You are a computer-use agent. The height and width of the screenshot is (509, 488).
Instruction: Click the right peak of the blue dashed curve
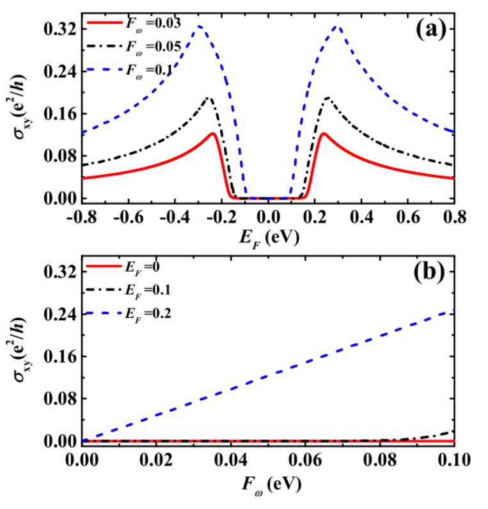point(337,27)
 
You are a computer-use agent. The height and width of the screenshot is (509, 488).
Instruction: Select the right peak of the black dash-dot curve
point(328,98)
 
